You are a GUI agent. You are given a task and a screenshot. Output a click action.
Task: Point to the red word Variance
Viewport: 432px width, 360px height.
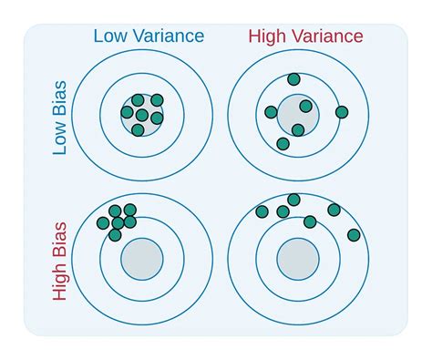331,36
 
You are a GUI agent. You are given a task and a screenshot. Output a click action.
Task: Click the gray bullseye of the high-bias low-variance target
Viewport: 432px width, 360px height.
142,258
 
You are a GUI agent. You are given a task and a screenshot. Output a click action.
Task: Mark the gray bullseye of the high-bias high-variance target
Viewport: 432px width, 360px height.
295,258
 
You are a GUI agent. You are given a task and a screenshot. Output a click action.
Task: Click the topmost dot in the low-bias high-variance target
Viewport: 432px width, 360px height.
293,79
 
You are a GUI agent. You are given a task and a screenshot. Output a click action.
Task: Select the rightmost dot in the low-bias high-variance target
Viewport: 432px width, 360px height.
342,112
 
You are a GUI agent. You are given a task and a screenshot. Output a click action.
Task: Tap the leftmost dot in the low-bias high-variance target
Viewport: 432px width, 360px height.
271,112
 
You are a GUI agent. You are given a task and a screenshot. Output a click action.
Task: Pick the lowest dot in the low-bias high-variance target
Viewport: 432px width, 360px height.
283,143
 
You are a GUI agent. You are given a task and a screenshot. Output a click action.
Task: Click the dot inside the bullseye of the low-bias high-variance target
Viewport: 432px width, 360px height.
305,107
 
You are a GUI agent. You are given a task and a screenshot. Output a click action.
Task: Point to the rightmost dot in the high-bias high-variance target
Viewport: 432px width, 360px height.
354,235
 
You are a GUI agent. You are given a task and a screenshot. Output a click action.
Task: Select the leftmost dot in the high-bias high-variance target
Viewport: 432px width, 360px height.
262,211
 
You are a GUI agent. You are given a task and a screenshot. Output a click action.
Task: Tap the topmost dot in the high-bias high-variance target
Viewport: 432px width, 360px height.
293,200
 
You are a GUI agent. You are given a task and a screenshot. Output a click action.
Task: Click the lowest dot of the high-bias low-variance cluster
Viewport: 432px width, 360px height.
115,235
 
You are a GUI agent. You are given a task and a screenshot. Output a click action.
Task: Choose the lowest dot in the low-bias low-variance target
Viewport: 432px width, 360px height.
138,129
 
